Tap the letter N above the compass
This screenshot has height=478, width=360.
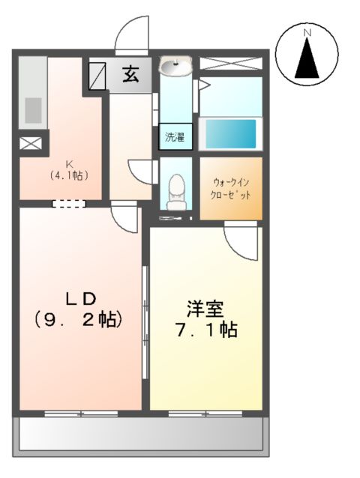(307, 32)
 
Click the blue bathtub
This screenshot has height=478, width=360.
(231, 134)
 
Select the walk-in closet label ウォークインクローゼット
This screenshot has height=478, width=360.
(231, 188)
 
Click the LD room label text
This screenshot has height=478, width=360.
(79, 297)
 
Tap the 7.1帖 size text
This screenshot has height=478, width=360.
(206, 330)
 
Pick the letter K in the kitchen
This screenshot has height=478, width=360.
(67, 164)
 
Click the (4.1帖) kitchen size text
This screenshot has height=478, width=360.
(69, 176)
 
